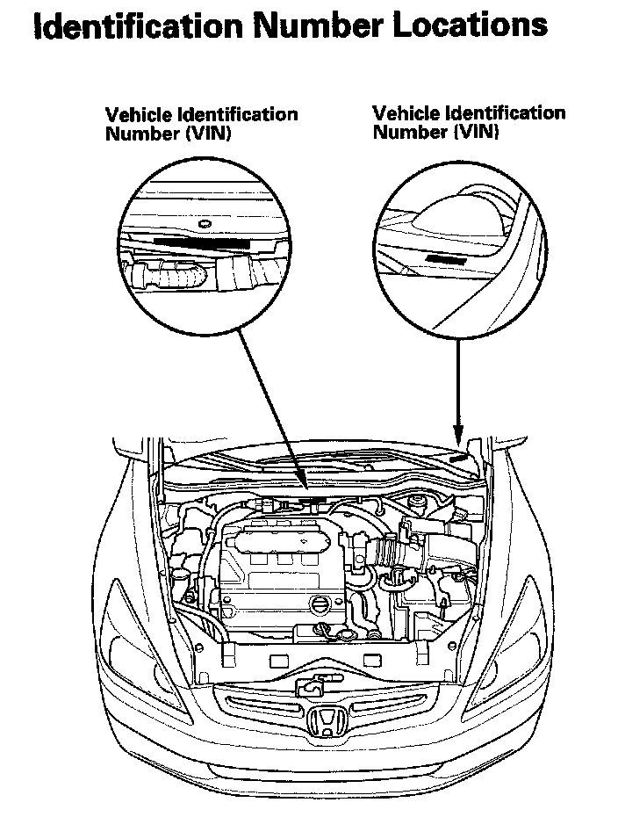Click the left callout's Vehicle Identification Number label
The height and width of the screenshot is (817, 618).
pyautogui.click(x=201, y=124)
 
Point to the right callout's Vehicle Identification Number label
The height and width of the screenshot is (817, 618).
pyautogui.click(x=469, y=122)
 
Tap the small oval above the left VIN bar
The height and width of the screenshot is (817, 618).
pyautogui.click(x=205, y=223)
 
